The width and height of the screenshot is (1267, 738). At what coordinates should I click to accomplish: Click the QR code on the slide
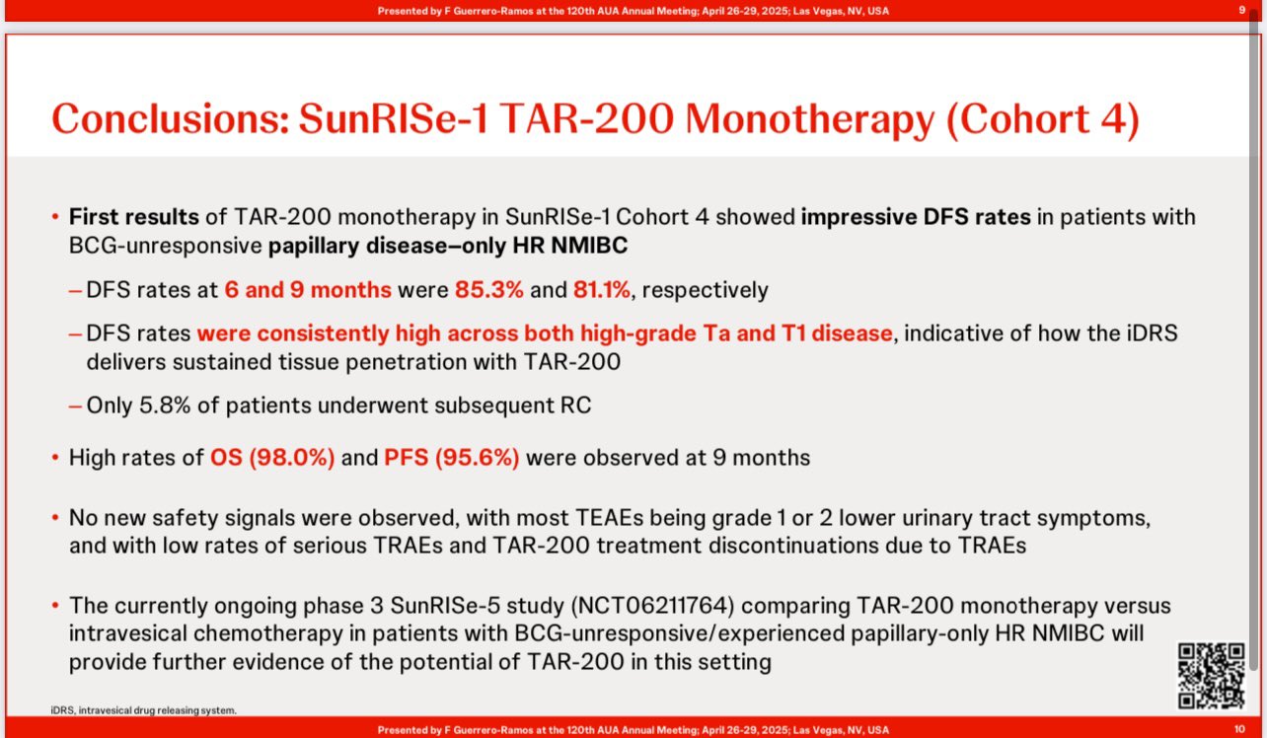[x=1211, y=675]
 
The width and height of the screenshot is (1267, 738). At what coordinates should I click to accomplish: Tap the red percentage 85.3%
[x=489, y=289]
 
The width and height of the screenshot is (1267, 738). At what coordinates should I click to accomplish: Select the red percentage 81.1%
[x=601, y=289]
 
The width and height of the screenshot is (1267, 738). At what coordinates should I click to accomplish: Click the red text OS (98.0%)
[x=272, y=457]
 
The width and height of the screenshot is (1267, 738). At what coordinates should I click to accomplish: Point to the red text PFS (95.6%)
[x=451, y=457]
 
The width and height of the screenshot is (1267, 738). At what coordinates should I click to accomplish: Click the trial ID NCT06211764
[x=652, y=605]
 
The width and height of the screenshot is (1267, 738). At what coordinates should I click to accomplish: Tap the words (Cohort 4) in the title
[x=1042, y=119]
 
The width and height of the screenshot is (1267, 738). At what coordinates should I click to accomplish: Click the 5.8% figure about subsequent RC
[x=165, y=405]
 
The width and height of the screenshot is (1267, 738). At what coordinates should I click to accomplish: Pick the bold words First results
[x=133, y=217]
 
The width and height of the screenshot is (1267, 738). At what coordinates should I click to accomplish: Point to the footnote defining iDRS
[x=144, y=710]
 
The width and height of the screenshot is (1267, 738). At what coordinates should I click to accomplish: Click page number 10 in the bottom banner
[x=1239, y=729]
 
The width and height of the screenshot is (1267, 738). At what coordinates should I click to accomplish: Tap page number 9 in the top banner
[x=1242, y=10]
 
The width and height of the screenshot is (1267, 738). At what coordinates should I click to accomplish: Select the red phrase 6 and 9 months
[x=308, y=289]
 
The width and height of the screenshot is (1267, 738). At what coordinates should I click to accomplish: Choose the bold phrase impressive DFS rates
[x=916, y=217]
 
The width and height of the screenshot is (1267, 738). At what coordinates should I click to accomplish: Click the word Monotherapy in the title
[x=809, y=120]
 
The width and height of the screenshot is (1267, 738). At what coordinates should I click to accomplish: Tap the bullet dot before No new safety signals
[x=55, y=517]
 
